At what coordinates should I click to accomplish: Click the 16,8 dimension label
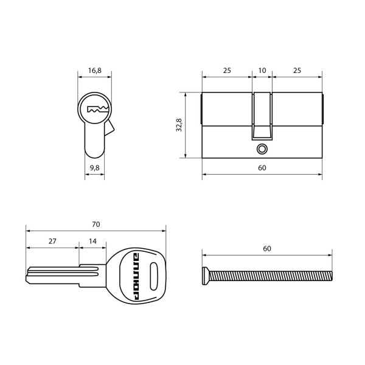(x=94, y=71)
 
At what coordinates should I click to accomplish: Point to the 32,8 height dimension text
(x=178, y=125)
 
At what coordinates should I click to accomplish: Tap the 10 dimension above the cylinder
(x=262, y=71)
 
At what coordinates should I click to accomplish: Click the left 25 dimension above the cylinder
(x=226, y=71)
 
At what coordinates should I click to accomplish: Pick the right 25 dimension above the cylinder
(x=297, y=71)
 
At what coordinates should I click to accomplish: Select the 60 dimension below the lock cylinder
(x=262, y=168)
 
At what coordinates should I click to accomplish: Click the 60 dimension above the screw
(x=266, y=249)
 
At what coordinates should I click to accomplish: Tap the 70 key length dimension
(x=96, y=224)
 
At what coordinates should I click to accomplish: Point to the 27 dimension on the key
(x=52, y=242)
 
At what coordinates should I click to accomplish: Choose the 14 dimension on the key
(x=92, y=242)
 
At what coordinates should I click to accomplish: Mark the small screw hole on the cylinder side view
(x=262, y=148)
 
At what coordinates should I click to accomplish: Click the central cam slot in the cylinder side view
(x=262, y=116)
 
